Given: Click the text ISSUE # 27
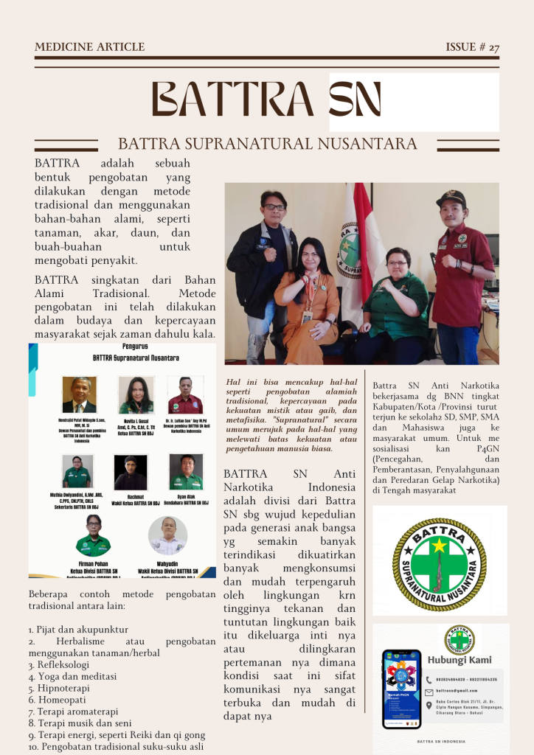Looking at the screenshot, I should (x=472, y=47).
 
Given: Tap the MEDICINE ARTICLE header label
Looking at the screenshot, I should (x=89, y=47).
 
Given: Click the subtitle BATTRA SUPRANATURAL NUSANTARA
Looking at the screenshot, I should (x=268, y=143).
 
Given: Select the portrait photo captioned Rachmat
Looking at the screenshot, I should (x=131, y=472).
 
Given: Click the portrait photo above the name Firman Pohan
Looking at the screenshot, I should (x=93, y=535).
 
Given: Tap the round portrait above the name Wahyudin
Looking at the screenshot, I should (x=167, y=535).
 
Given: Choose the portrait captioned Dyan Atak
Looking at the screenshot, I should (x=186, y=472).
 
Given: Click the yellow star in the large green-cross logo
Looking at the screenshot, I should (x=440, y=546).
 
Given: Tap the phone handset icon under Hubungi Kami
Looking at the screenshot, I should (x=429, y=679).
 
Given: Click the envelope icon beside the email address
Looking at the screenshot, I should (x=429, y=692).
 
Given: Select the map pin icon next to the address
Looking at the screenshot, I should (x=429, y=704).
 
